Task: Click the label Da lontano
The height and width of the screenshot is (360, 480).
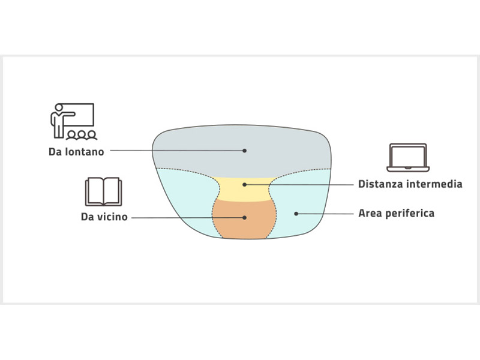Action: [76, 152]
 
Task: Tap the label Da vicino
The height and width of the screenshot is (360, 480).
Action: [104, 217]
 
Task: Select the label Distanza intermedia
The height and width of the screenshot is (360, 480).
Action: [410, 184]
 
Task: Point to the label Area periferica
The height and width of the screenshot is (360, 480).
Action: [396, 213]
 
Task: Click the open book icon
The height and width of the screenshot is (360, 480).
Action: [104, 191]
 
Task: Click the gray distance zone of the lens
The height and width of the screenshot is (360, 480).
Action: [240, 147]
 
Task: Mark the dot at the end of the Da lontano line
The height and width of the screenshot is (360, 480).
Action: [245, 151]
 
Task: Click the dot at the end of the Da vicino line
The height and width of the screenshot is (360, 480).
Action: [245, 217]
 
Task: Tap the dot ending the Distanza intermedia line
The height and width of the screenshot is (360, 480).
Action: [245, 185]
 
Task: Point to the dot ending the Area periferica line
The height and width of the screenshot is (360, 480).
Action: [296, 213]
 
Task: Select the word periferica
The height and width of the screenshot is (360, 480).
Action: [410, 213]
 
